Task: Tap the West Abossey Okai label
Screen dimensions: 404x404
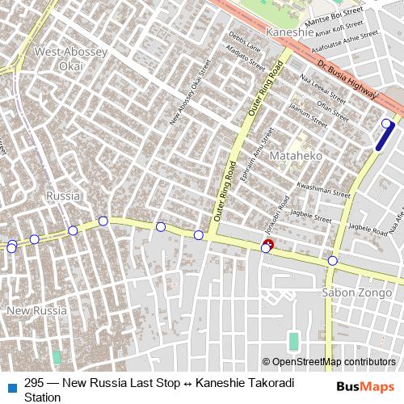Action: [x=69, y=57]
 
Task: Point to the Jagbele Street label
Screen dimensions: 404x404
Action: [x=312, y=217]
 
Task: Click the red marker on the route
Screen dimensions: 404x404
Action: [x=268, y=244]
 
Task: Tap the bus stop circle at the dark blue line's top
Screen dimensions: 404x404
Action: [x=386, y=124]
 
